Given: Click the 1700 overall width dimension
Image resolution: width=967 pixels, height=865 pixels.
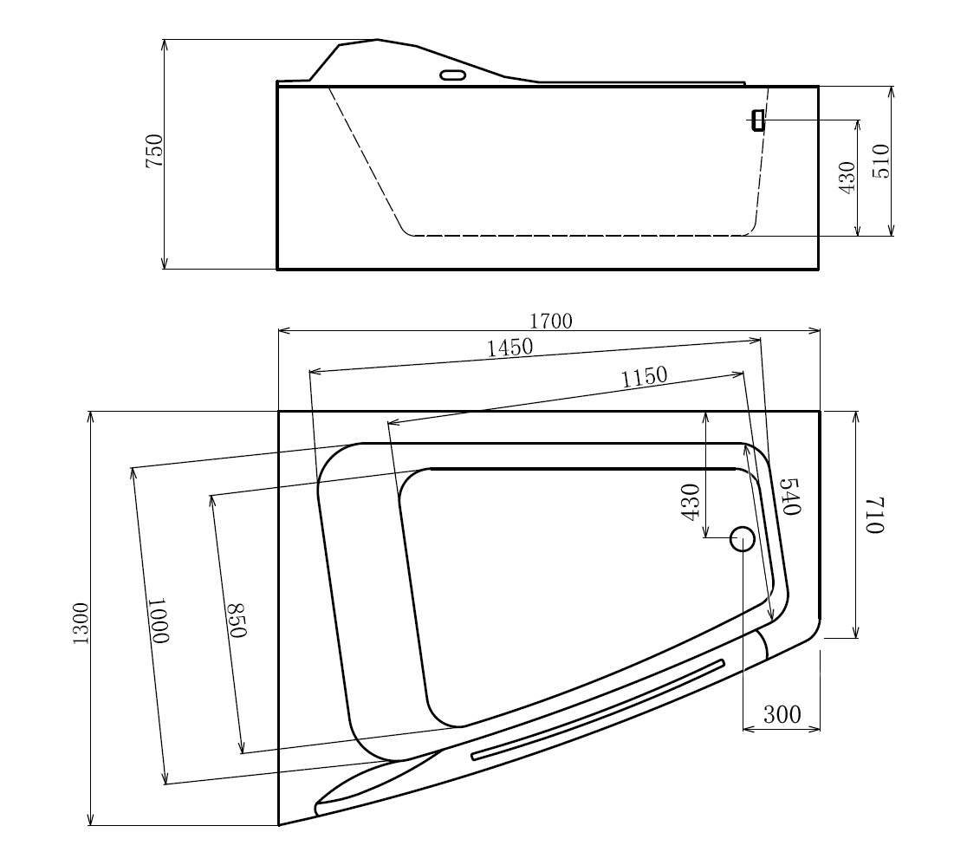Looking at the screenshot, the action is [x=551, y=321].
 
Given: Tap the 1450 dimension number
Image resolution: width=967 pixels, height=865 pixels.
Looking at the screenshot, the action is [x=510, y=348].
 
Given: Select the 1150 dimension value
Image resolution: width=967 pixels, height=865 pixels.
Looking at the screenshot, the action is [x=645, y=376].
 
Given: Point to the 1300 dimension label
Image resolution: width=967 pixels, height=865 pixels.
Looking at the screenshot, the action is [x=81, y=623].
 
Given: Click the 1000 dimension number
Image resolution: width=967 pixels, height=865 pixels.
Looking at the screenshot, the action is [x=158, y=620].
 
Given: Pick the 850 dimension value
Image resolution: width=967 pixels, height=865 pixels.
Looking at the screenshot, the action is [x=237, y=620].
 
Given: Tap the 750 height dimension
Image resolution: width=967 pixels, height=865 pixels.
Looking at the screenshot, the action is [x=153, y=150].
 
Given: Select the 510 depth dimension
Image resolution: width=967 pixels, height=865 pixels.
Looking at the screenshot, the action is [x=881, y=161].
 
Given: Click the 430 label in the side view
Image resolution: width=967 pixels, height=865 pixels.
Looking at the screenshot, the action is [x=847, y=178].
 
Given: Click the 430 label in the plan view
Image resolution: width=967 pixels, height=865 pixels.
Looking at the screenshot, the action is [x=691, y=502].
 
